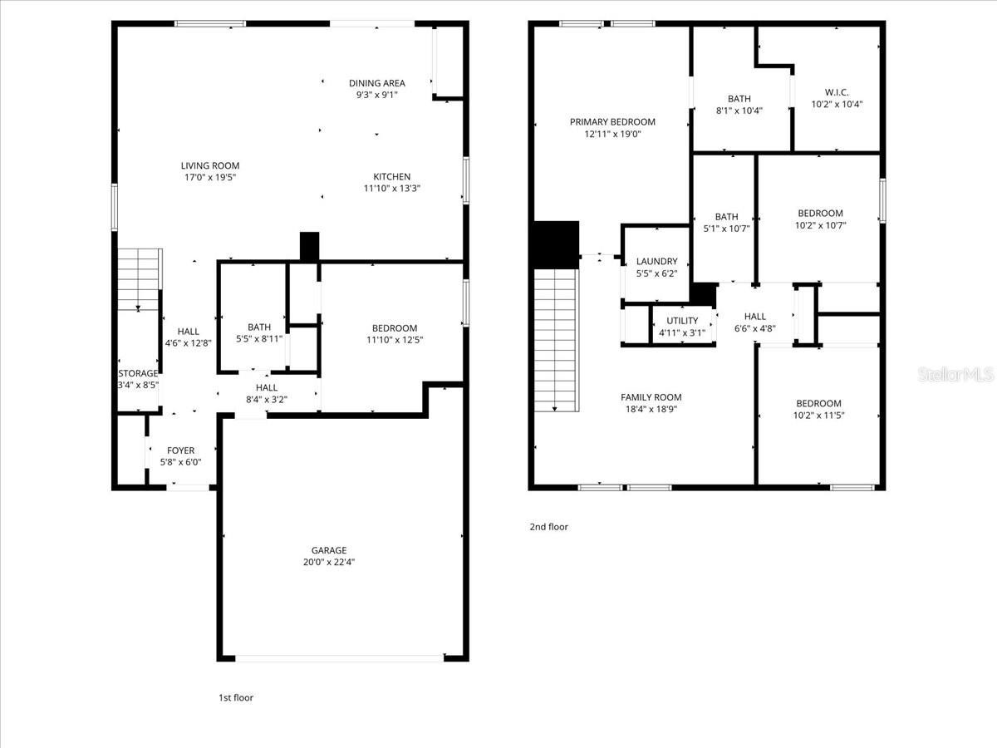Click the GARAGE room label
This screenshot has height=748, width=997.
pos(329,550)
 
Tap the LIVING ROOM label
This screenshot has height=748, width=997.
pos(210,165)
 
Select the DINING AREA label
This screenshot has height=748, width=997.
pos(377,83)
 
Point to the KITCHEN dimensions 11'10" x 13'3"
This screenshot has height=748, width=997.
pos(392,188)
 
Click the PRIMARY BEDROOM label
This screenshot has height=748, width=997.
pos(612,121)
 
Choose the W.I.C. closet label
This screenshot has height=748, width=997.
pos(837,92)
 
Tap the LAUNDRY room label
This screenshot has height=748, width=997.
pos(657,261)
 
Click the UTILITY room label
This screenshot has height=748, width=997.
pos(682,321)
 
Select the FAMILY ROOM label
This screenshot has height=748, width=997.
pos(651,397)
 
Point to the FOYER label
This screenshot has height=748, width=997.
pos(181,450)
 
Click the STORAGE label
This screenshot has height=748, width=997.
pos(138,373)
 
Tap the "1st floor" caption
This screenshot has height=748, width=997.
pos(236,697)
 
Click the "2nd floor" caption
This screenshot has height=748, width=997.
pos(548,527)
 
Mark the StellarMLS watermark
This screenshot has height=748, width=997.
pos(955,374)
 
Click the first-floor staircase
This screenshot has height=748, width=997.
pos(139,279)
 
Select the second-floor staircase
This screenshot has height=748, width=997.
pos(556,340)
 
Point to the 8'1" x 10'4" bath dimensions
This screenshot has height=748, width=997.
pos(739,111)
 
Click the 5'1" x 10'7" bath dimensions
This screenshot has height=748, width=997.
pos(726,229)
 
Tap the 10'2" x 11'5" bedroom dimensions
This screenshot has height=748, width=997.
pos(818,415)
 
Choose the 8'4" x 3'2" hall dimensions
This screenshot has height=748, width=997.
pos(267,399)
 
